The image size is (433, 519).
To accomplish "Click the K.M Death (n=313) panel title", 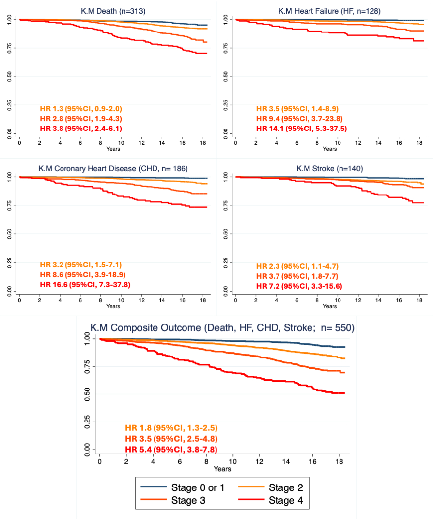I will pyautogui.click(x=113, y=10).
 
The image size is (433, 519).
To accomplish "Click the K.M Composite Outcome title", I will pyautogui.click(x=222, y=327).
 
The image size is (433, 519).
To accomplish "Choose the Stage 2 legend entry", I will pyautogui.click(x=286, y=487).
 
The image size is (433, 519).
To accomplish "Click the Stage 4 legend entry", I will pyautogui.click(x=286, y=501).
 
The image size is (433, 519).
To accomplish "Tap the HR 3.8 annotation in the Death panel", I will pyautogui.click(x=81, y=129).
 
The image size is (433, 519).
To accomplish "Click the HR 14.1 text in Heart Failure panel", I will pyautogui.click(x=300, y=129).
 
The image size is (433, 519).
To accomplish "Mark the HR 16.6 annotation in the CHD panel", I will pyautogui.click(x=85, y=285).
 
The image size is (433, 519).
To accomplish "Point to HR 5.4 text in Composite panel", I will pyautogui.click(x=171, y=449).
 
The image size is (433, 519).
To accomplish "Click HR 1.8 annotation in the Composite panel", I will pyautogui.click(x=171, y=427).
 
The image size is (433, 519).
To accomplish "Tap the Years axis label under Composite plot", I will pyautogui.click(x=222, y=468).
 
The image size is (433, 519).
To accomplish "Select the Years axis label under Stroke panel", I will pyautogui.click(x=330, y=306).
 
